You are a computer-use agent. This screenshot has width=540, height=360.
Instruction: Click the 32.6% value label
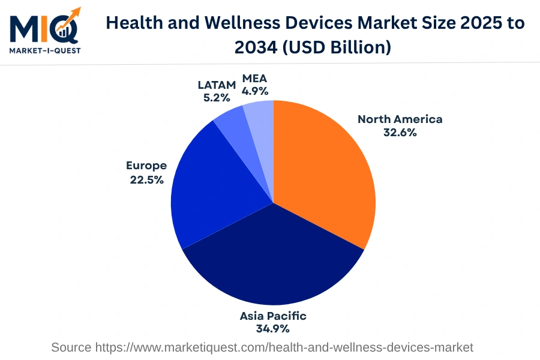pos(400,133)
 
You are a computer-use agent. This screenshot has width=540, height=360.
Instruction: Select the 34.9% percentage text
pos(273,329)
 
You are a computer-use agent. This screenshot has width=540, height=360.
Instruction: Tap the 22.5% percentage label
pos(146,179)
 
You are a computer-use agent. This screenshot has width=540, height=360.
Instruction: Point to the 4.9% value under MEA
pos(254,92)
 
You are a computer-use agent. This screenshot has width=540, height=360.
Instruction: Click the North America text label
pos(400,119)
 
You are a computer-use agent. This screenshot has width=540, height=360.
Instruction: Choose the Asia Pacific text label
pos(273,316)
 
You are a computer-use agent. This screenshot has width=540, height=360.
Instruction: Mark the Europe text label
pos(146,166)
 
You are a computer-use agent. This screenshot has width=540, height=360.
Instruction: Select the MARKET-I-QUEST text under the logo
pos(44,50)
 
